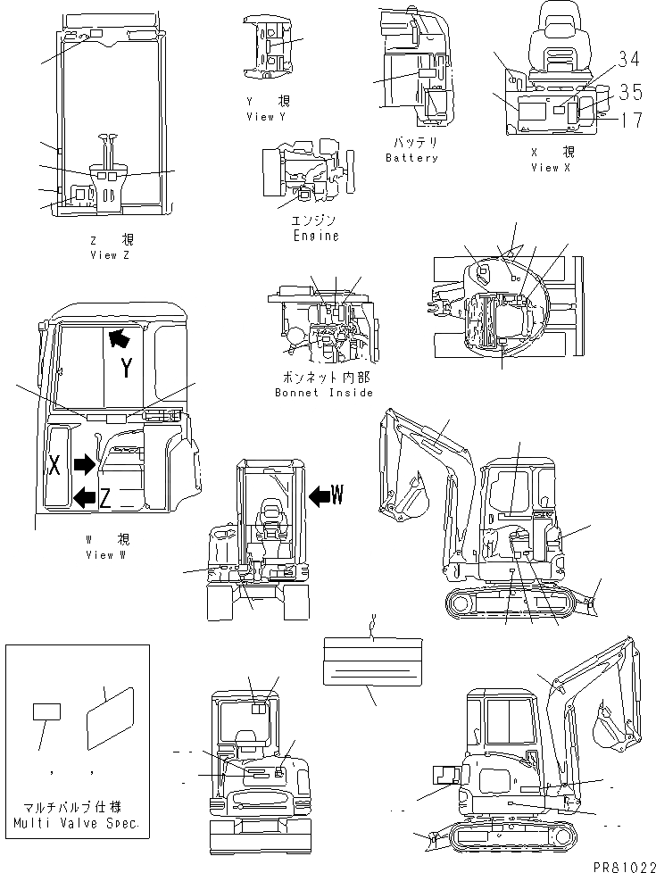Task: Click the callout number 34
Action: coord(628,60)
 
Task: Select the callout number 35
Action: coord(630,91)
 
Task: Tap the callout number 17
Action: coord(630,118)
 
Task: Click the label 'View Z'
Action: coord(116,255)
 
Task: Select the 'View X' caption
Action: coord(550,167)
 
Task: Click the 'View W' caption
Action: coord(106,555)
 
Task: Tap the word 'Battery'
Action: coord(411,158)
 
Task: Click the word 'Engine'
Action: coord(316,237)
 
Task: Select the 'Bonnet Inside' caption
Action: coord(323,393)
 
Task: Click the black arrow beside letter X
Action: coord(85,464)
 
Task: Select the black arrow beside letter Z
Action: coord(84,497)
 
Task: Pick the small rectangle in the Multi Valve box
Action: coord(46,711)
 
